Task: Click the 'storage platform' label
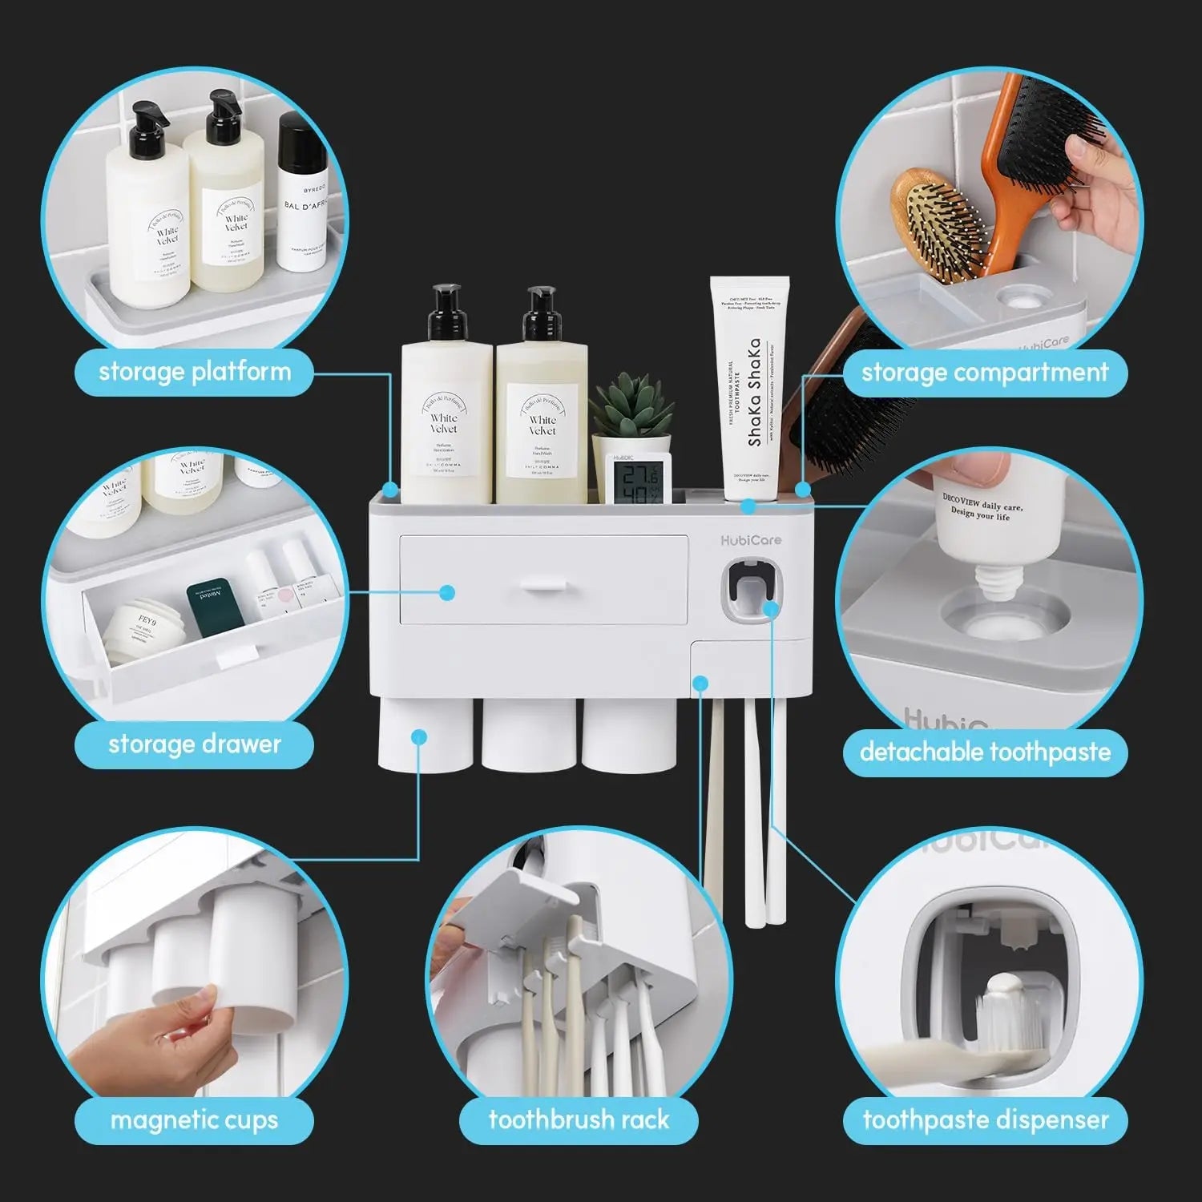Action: (194, 372)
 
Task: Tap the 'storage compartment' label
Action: (984, 373)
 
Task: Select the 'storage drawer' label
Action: (194, 744)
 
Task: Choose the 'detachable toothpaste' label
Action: (984, 752)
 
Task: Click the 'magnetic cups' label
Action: (194, 1119)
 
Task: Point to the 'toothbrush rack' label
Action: (579, 1119)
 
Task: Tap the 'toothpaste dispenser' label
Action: (984, 1119)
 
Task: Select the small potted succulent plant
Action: (631, 409)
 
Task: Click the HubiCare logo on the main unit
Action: (750, 540)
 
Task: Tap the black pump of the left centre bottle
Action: (446, 313)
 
